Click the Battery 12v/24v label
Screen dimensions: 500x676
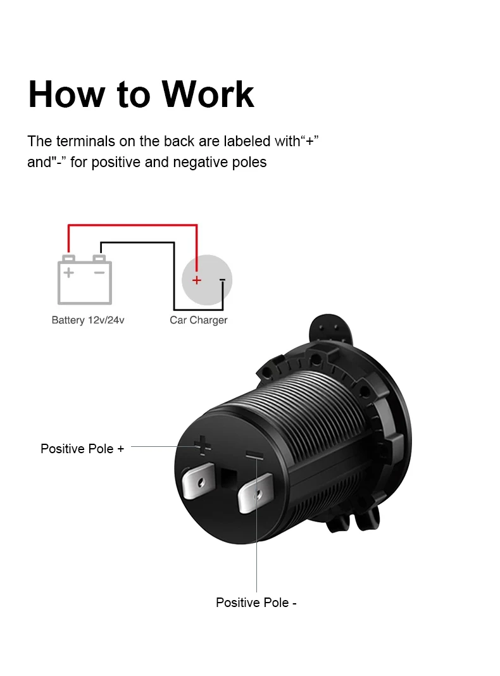(x=88, y=320)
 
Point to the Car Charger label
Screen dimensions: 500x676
(x=199, y=320)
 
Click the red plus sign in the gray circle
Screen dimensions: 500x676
(x=197, y=280)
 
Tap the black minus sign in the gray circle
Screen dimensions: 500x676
(x=222, y=280)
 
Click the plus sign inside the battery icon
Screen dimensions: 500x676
(x=68, y=273)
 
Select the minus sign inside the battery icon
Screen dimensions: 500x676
(x=99, y=273)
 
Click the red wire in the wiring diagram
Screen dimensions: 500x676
(x=133, y=225)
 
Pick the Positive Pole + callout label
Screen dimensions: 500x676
(x=82, y=449)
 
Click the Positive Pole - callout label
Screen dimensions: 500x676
(x=256, y=603)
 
